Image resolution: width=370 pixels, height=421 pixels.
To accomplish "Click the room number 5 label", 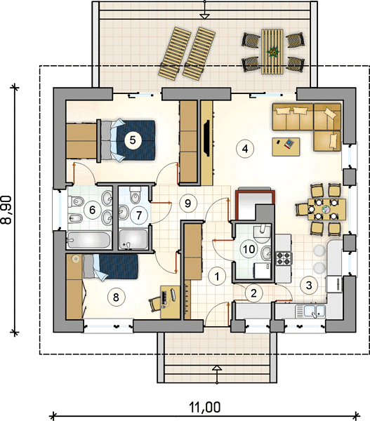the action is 133,140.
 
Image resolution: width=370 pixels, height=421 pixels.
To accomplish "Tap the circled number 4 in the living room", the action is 245,149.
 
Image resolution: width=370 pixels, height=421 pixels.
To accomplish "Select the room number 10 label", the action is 249,249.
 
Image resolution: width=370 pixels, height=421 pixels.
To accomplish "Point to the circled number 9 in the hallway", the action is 188,203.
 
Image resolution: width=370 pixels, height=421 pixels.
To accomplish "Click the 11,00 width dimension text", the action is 205,407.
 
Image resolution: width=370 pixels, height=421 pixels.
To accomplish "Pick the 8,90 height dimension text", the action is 6,210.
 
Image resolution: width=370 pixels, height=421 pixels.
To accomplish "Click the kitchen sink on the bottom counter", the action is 310,311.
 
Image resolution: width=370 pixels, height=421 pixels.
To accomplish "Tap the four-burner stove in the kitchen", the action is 284,258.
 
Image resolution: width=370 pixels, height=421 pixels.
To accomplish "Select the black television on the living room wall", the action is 207,138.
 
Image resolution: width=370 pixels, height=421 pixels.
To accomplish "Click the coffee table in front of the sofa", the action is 286,147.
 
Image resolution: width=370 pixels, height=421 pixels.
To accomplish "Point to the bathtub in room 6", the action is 88,240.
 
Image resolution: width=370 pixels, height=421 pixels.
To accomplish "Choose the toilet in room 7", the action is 135,195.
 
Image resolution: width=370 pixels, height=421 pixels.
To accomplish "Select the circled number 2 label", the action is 253,293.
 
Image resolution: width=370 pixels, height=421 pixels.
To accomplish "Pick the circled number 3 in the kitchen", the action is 309,285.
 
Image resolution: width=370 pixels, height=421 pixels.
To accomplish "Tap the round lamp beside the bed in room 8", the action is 76,259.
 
